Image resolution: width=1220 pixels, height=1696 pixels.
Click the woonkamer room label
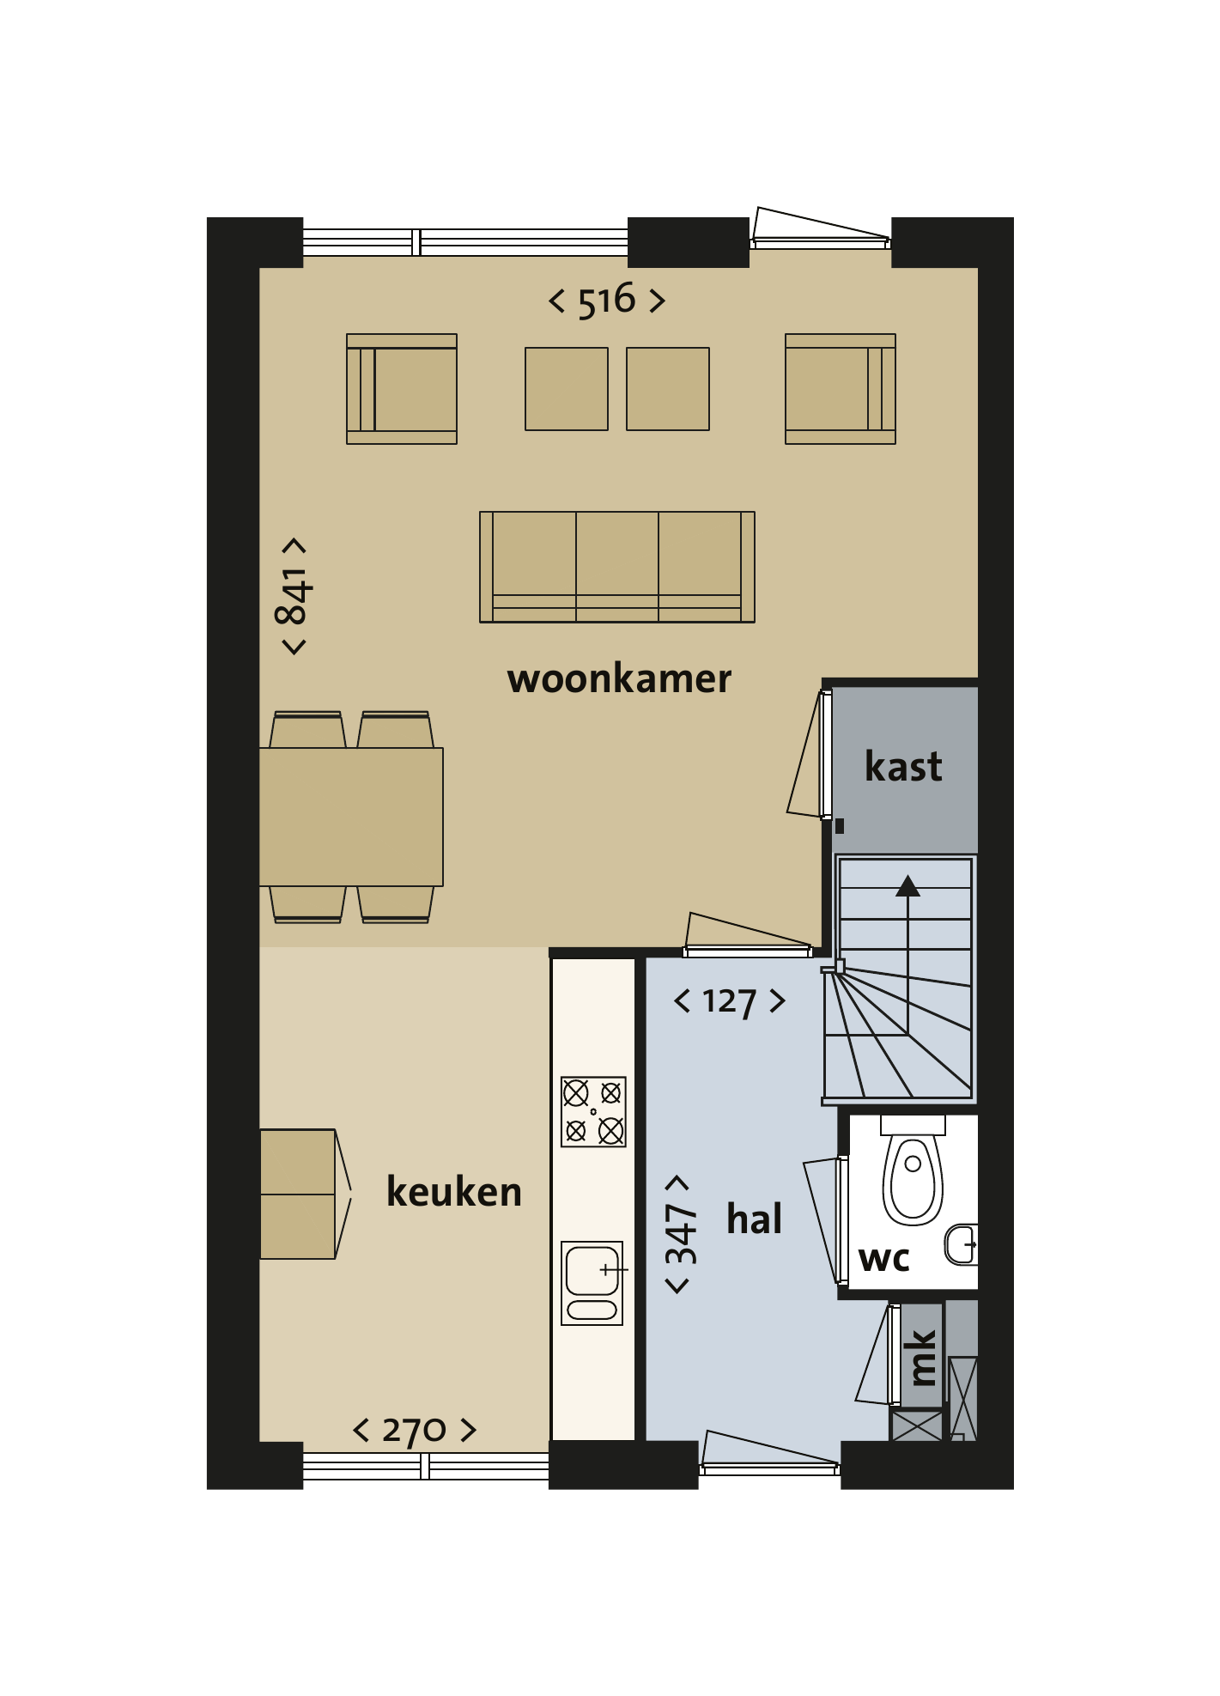point(619,679)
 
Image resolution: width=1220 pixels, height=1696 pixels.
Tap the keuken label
point(454,1192)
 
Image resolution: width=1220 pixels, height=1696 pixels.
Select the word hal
point(754,1219)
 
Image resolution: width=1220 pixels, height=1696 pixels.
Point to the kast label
point(903,766)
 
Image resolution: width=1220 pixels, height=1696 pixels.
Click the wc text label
point(884,1259)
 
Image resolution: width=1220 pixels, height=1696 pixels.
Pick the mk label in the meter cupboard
point(922,1358)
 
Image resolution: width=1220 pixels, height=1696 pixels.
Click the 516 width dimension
point(607,301)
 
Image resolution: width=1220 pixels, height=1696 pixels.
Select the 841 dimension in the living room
point(294,596)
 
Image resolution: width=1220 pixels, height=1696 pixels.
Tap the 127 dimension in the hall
point(730,1001)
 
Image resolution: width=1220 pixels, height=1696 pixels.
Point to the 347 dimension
point(680,1233)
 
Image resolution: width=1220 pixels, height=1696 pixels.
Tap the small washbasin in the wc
point(962,1245)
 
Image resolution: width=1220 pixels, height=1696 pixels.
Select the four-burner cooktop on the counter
point(593,1112)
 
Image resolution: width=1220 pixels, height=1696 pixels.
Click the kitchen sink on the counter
point(592,1283)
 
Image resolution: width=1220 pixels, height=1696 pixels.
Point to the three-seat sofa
point(617,567)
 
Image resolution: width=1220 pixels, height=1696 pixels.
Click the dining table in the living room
point(351,817)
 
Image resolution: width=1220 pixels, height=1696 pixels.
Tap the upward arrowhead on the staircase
point(907,885)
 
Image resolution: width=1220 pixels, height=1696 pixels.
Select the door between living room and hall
point(748,935)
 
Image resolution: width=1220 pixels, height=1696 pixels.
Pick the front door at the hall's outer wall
point(770,1454)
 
